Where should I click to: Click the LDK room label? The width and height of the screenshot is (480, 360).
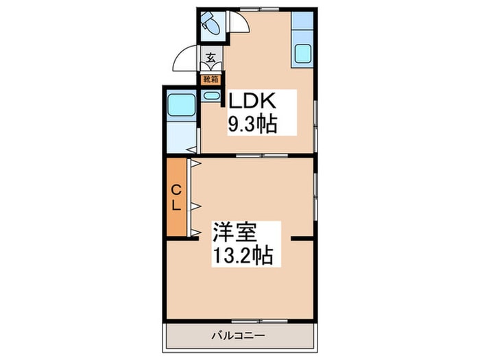click(x=252, y=101)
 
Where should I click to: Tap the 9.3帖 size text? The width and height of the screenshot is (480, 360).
click(x=252, y=124)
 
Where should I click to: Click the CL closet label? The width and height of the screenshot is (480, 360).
click(x=176, y=197)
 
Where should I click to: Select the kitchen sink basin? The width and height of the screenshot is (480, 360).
click(x=303, y=53)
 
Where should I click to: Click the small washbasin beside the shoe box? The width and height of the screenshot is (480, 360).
click(x=211, y=97)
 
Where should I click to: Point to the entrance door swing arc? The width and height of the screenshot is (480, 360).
click(x=184, y=58)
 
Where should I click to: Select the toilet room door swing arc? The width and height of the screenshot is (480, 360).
click(x=237, y=25)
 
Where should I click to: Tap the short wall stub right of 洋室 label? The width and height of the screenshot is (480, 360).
click(x=302, y=238)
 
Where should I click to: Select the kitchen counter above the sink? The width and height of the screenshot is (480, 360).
click(x=303, y=23)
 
